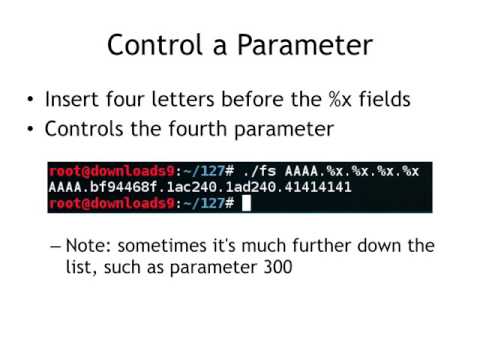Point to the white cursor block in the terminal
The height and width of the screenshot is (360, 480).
[x=246, y=203]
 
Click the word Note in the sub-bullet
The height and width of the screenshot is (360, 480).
[x=103, y=246]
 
